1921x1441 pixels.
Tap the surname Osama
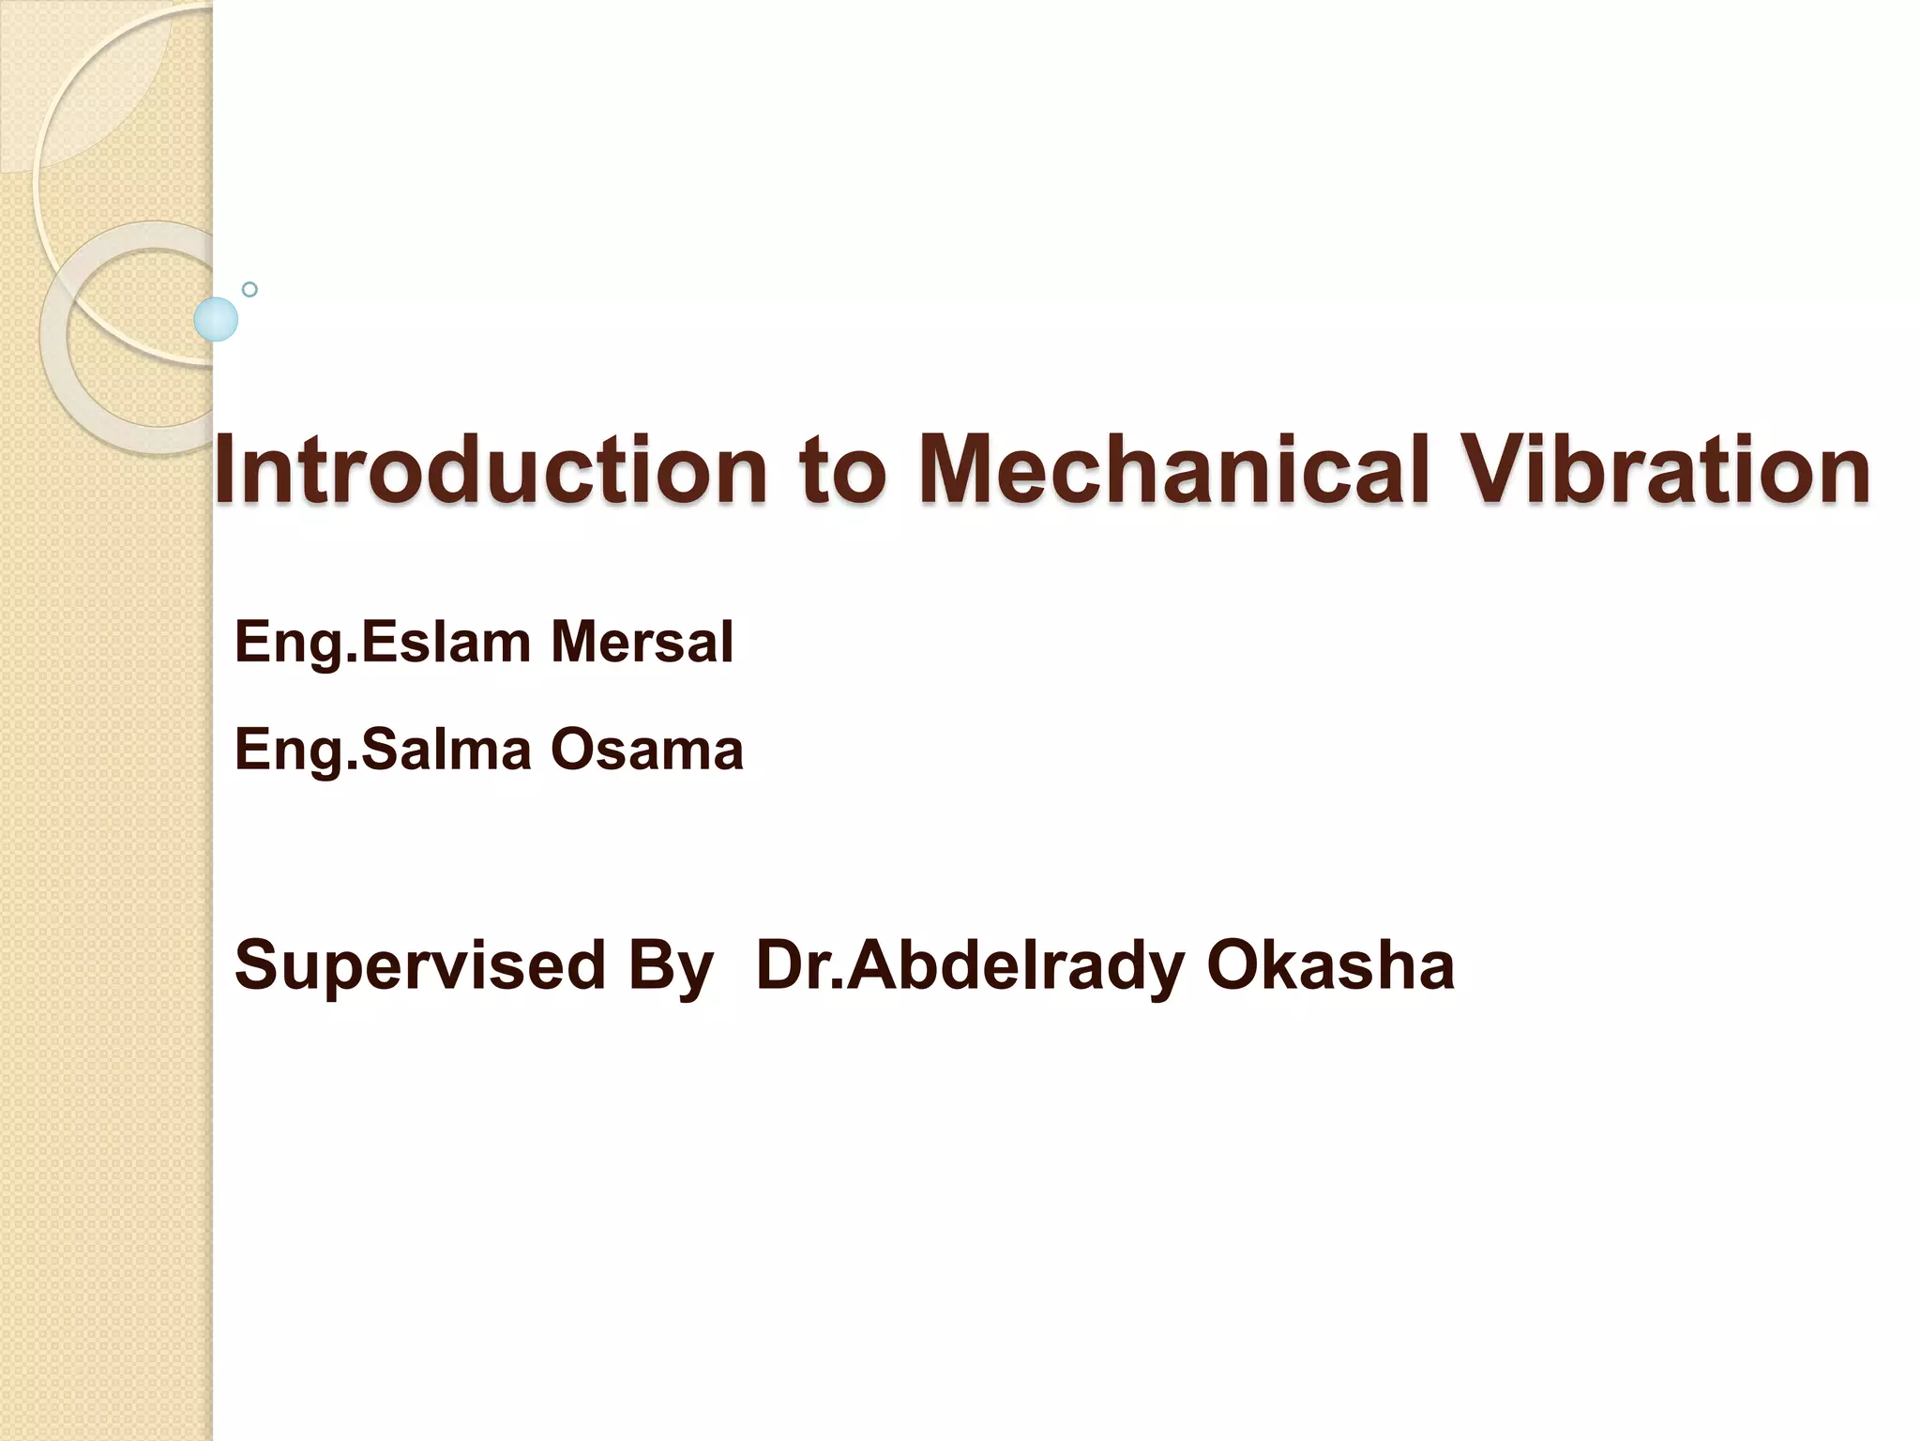pos(647,751)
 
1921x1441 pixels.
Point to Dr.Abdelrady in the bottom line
pos(970,966)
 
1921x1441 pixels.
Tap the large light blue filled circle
pos(216,319)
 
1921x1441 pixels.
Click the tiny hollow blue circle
pos(250,289)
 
